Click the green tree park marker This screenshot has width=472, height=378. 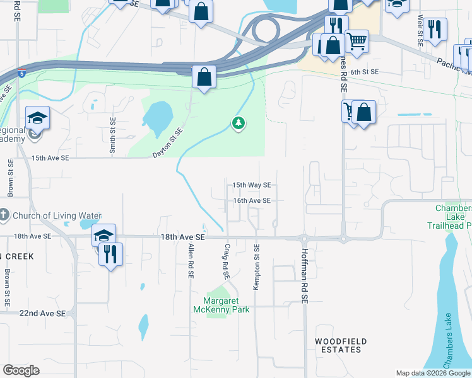(x=238, y=123)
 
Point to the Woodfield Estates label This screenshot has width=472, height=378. (x=341, y=345)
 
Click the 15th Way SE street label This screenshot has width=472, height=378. (x=251, y=185)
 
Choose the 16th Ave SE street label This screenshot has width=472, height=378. (x=251, y=200)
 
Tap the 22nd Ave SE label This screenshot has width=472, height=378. (x=42, y=313)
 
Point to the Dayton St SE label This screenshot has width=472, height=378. (x=167, y=143)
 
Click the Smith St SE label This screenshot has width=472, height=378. (x=113, y=135)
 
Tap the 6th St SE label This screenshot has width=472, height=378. (x=364, y=72)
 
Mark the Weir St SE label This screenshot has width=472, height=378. (x=420, y=30)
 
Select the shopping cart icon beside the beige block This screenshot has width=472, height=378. (x=357, y=42)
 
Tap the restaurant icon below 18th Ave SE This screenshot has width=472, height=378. (x=110, y=254)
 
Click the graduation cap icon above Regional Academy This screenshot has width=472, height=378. (x=37, y=117)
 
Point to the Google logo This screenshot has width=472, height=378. (x=21, y=370)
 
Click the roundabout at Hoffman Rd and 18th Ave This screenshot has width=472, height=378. (x=304, y=238)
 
